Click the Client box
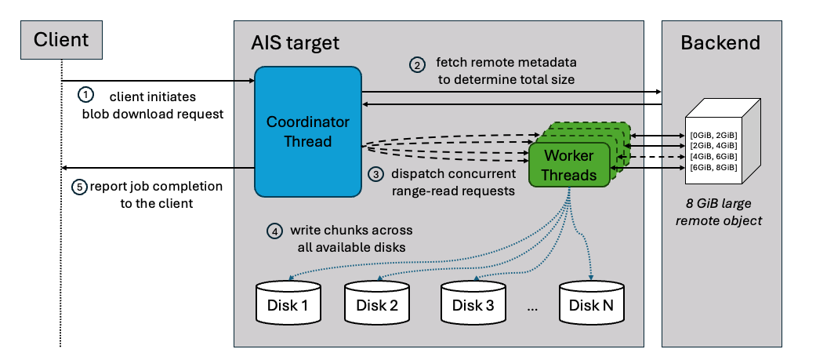point(61,39)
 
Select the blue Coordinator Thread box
point(306,131)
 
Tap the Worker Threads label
point(569,164)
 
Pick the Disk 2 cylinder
point(377,305)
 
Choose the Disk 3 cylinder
point(473,305)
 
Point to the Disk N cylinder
point(592,305)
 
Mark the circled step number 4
point(273,231)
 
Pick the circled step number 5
point(78,187)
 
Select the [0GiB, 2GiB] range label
point(713,134)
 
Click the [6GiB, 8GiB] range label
point(713,167)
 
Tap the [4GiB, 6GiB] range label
point(713,156)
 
